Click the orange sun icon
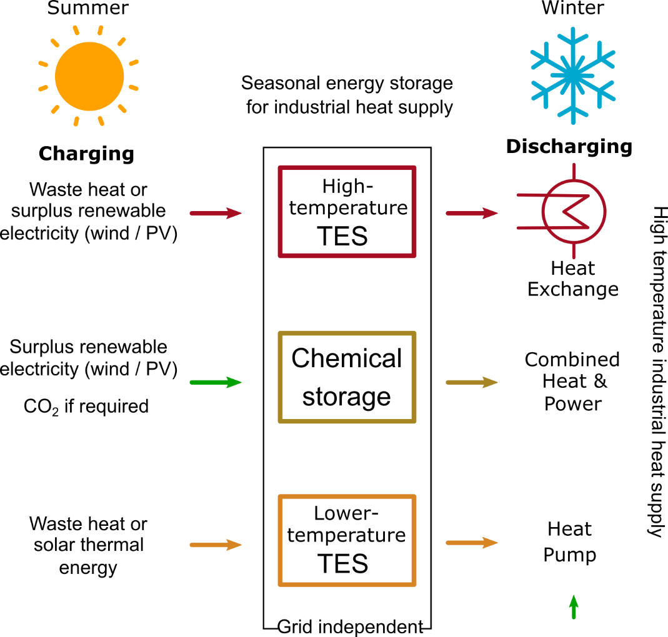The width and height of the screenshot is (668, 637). [89, 76]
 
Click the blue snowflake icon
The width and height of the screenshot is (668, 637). [573, 76]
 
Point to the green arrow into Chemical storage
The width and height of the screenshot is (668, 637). [216, 382]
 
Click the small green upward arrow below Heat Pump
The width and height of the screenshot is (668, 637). [574, 607]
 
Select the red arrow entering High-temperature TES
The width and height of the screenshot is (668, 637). [216, 213]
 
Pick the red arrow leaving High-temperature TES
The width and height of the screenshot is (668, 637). [472, 213]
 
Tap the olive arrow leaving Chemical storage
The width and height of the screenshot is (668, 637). [472, 382]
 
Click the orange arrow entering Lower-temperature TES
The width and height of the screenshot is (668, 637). [216, 545]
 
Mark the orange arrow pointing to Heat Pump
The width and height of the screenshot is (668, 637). [472, 543]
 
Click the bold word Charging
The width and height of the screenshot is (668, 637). [86, 154]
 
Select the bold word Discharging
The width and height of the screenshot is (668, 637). [569, 147]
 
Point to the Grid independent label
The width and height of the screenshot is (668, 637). [350, 627]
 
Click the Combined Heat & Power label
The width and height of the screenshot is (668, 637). [572, 382]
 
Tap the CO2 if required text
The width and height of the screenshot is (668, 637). [86, 407]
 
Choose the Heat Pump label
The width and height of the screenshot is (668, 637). [570, 542]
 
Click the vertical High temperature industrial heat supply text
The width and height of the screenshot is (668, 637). [658, 372]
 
